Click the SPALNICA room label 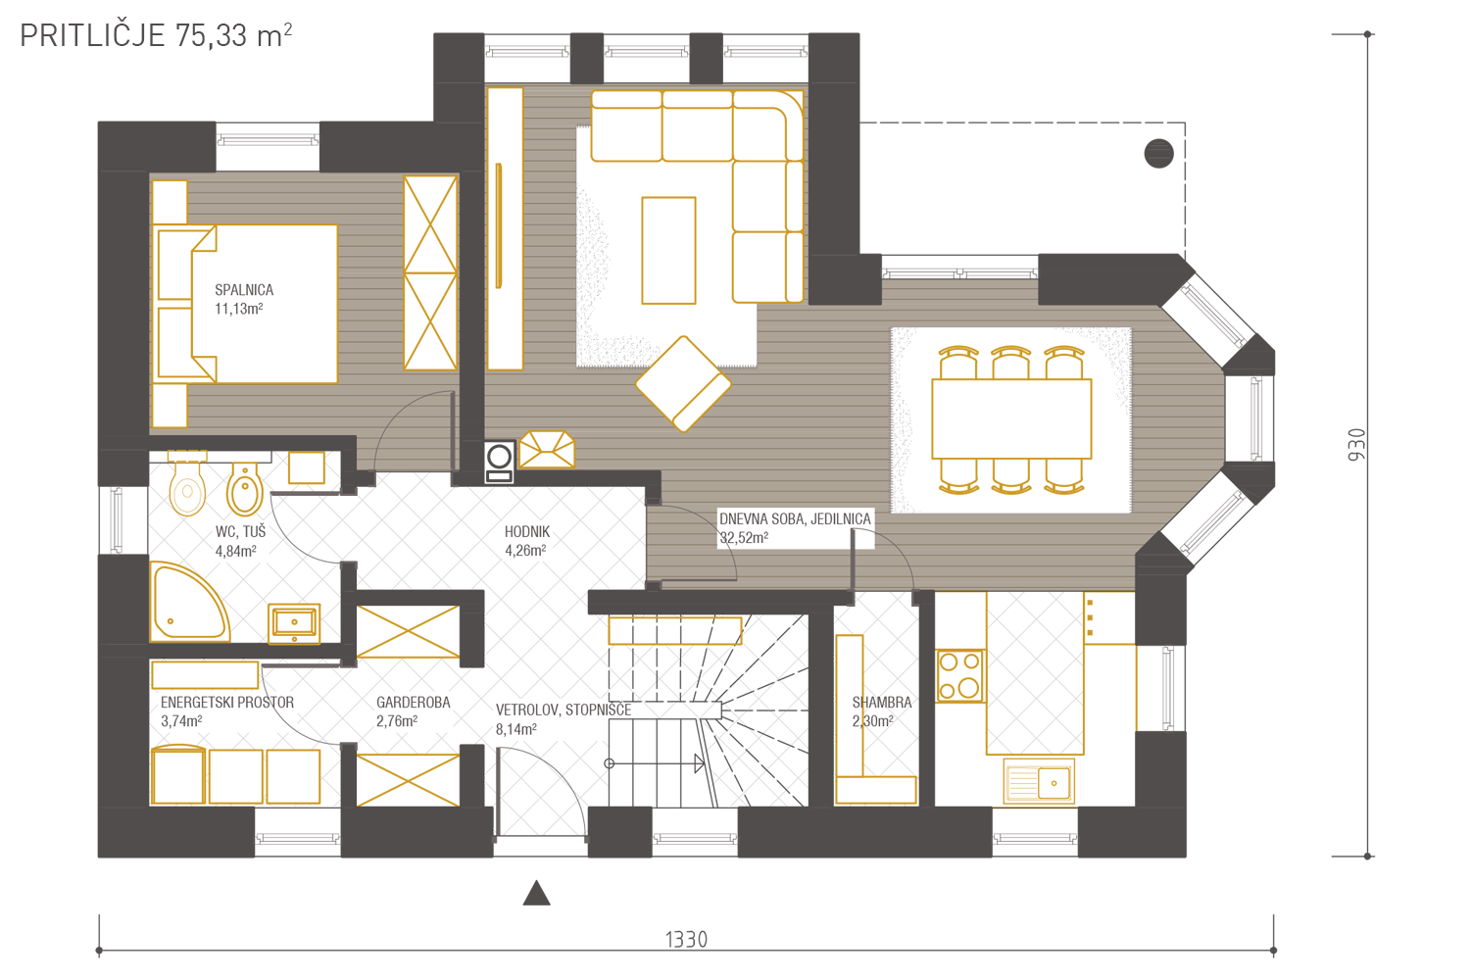tap(244, 290)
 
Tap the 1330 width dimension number tap(686, 940)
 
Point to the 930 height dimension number tap(1356, 444)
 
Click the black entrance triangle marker tap(536, 894)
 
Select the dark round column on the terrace tap(1158, 154)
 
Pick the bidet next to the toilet tap(245, 489)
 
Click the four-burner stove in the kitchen tap(960, 676)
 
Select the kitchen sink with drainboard tap(1039, 782)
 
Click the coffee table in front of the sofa tap(668, 251)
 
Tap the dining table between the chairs tap(1011, 418)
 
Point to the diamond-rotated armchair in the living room tap(683, 384)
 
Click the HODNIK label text tap(527, 532)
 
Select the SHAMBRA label tap(881, 703)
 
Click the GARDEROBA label tap(414, 703)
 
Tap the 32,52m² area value tap(744, 538)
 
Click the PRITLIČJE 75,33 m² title tap(156, 35)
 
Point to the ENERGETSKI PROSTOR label tap(227, 703)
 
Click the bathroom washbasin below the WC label tap(294, 622)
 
